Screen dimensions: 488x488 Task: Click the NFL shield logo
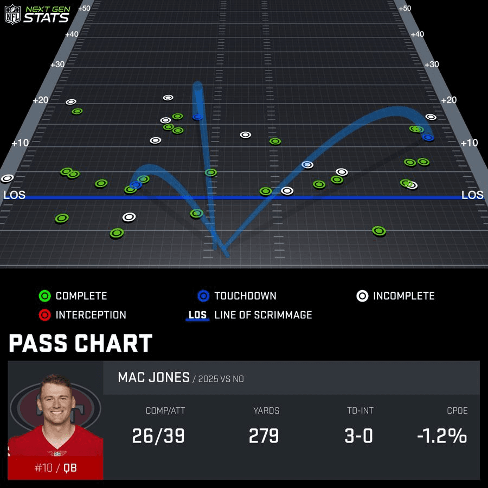click(12, 14)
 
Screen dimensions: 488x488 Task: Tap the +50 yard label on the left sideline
click(84, 8)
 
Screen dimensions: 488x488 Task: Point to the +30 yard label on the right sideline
click(431, 65)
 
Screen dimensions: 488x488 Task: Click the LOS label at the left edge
click(14, 195)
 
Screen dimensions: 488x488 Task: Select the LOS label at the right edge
click(472, 195)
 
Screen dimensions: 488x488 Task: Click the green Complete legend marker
click(45, 296)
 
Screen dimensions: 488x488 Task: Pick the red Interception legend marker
click(45, 315)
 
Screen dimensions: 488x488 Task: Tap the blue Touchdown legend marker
click(203, 296)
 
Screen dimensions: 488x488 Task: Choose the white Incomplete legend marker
click(362, 296)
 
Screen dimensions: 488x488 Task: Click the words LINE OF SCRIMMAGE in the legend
click(263, 315)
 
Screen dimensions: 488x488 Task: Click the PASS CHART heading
click(80, 344)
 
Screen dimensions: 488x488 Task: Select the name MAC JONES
click(153, 377)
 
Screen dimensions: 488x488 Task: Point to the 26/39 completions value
click(158, 435)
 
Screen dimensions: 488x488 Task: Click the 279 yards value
click(264, 435)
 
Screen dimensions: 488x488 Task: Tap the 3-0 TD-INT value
click(358, 435)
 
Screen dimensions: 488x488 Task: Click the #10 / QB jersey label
click(55, 467)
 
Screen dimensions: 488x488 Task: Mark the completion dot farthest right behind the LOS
click(379, 231)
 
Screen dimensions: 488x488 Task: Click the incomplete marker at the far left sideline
click(7, 178)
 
